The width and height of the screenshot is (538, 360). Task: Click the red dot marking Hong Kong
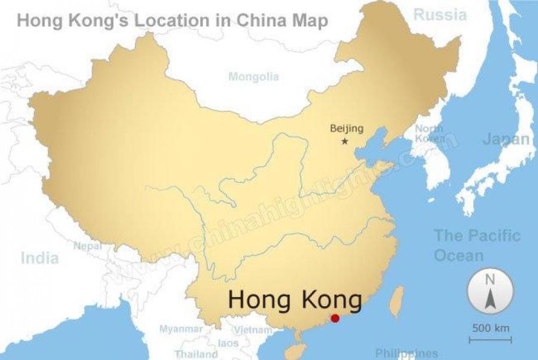click(335, 318)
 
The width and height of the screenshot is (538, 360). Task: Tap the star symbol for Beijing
click(345, 141)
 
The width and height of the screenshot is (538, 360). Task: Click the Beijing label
click(347, 129)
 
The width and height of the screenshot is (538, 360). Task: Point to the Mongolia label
click(253, 77)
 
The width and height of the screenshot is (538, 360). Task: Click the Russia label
click(440, 14)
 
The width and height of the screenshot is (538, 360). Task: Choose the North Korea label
click(430, 133)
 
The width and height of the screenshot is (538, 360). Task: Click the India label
click(40, 258)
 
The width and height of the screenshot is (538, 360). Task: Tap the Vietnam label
click(253, 330)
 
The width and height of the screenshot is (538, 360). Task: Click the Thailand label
click(196, 354)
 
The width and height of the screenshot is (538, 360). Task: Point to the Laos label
click(228, 343)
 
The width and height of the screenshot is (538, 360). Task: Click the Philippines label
click(406, 353)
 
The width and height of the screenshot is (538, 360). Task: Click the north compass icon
click(490, 291)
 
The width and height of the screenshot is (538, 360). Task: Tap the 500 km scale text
click(491, 328)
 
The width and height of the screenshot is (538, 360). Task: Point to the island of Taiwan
click(396, 301)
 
